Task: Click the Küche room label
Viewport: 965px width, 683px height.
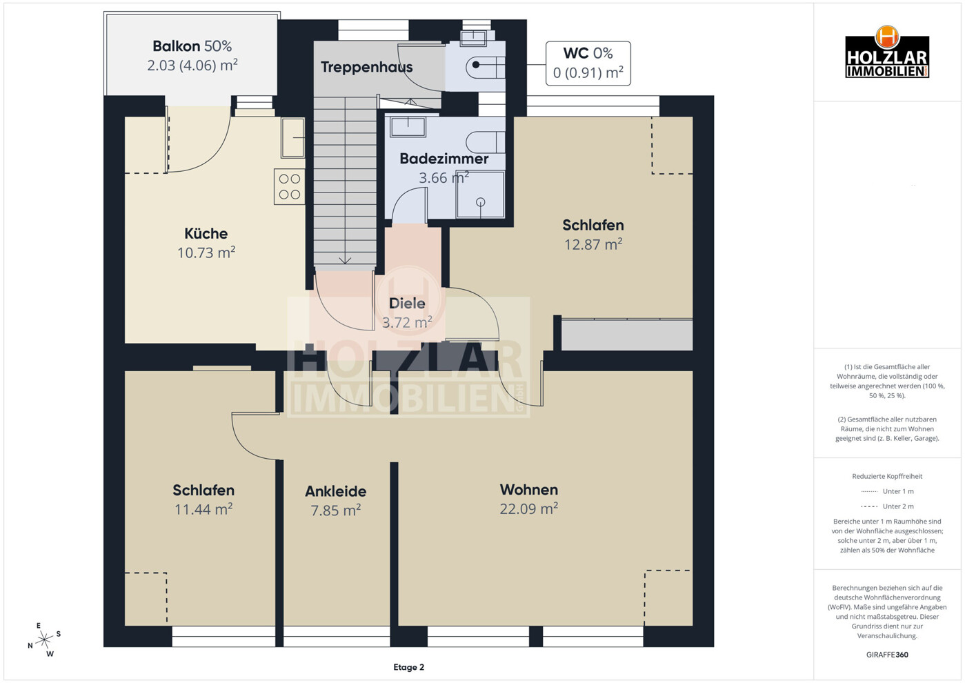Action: point(206,234)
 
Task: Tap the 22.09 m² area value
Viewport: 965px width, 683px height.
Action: point(529,509)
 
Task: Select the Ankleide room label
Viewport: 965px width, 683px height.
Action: point(336,491)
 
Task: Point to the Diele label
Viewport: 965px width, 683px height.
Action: point(407,304)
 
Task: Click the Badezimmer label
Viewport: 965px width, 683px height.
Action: point(444,159)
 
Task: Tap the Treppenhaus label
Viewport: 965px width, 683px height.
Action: point(366,67)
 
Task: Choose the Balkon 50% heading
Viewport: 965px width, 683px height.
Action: point(192,46)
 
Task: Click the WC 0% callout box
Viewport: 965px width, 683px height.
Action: point(588,63)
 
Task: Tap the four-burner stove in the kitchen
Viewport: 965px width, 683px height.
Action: point(290,186)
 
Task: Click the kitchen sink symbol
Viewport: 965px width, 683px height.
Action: point(293,138)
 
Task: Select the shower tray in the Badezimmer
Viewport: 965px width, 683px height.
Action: point(480,195)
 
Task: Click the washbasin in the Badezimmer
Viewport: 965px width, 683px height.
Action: point(408,127)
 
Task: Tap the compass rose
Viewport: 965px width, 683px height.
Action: point(44,640)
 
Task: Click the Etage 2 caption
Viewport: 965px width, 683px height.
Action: point(409,667)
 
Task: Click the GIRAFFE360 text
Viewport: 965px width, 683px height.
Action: point(887,655)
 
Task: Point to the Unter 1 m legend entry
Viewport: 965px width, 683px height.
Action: point(887,491)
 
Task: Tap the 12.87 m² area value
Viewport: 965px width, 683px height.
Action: point(593,244)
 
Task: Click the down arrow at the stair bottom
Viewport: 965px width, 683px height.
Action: point(345,260)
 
